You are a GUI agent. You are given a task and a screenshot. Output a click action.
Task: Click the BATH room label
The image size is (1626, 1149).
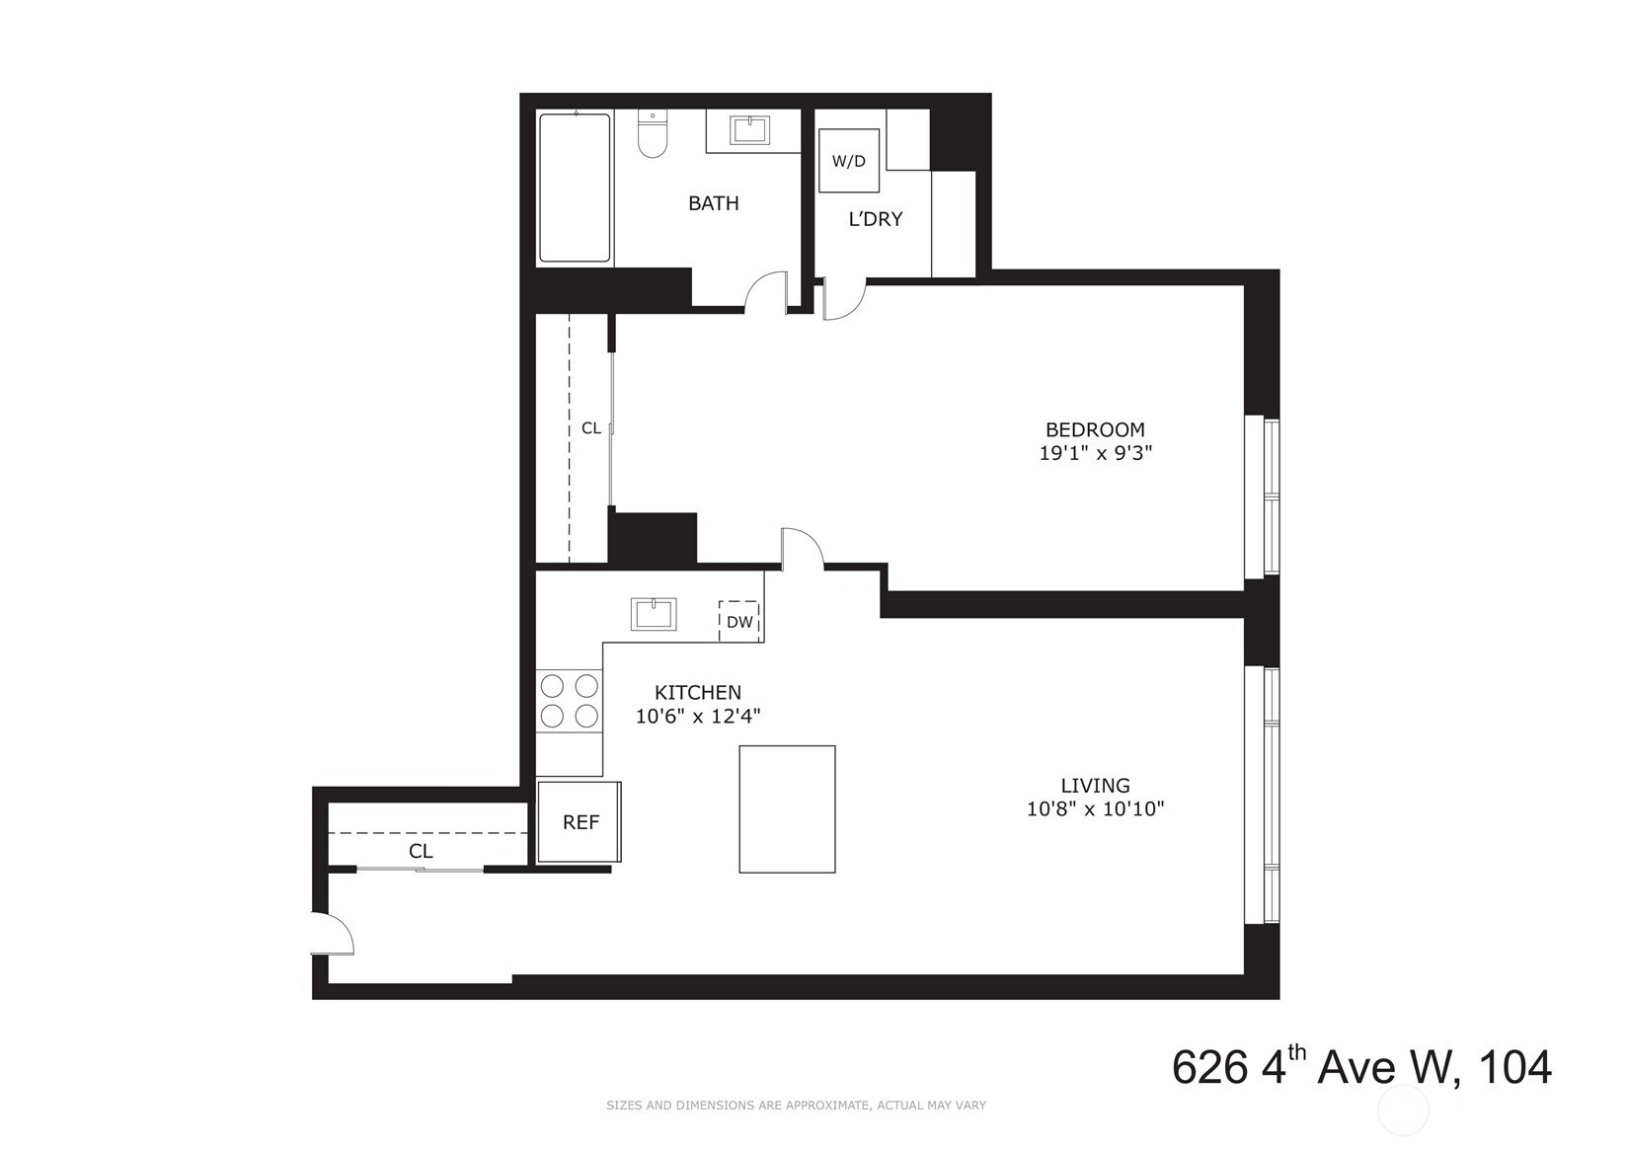coord(713,203)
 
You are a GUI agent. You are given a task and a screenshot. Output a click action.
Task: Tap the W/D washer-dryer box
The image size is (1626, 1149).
coord(848,161)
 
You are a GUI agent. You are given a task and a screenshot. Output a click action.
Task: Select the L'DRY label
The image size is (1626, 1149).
coord(876,219)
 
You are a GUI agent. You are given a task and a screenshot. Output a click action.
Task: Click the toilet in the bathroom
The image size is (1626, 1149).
coord(653,134)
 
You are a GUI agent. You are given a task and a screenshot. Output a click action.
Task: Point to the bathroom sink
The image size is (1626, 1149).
coord(753,130)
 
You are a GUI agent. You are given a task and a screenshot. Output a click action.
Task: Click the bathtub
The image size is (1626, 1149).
coord(575,188)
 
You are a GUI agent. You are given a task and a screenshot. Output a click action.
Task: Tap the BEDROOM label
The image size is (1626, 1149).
coord(1095,429)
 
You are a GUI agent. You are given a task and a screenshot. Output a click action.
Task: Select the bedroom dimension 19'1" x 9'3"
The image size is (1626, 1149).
coord(1095,454)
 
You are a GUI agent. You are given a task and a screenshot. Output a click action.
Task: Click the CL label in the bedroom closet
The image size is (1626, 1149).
coord(590,428)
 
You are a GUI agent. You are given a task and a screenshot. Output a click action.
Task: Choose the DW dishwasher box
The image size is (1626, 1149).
coord(739,621)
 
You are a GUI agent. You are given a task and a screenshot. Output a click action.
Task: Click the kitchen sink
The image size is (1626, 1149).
coord(654,613)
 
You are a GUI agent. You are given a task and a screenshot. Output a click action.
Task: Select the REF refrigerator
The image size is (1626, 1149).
coord(580,822)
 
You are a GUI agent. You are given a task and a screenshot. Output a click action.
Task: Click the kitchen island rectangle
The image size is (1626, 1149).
coord(787,809)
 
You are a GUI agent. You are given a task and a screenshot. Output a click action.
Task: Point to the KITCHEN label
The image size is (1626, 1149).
coord(698,693)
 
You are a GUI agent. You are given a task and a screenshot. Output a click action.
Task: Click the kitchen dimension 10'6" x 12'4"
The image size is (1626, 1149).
coord(698,717)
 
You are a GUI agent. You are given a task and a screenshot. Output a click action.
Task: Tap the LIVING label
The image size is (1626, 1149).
coord(1095,786)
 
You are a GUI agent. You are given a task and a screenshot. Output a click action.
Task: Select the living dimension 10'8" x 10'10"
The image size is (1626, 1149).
coord(1095,809)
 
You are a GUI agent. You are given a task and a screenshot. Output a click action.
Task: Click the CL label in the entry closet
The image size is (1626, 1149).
coord(421,851)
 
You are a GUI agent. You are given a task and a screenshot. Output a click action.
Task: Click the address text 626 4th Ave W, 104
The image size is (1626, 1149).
coord(1361,1068)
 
